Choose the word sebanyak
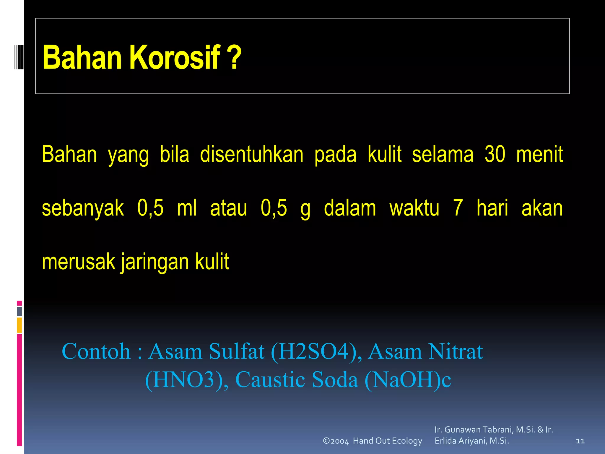83,208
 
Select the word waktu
414,208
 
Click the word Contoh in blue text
96,351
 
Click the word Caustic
270,380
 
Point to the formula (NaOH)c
408,380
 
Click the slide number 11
580,441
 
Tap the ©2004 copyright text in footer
336,441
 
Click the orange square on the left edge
19,325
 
